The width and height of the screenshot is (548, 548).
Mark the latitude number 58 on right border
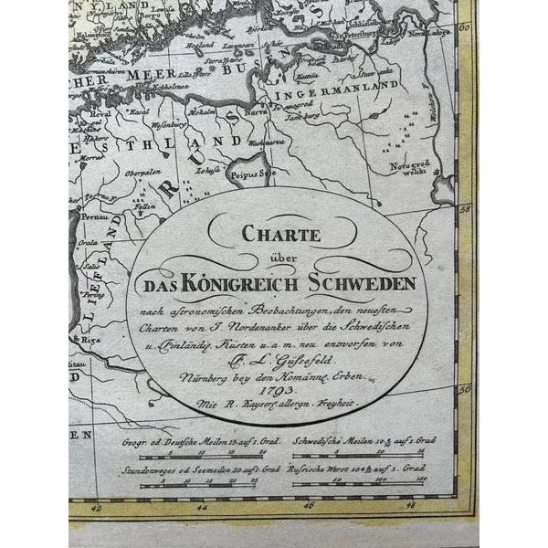pos(463,208)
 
